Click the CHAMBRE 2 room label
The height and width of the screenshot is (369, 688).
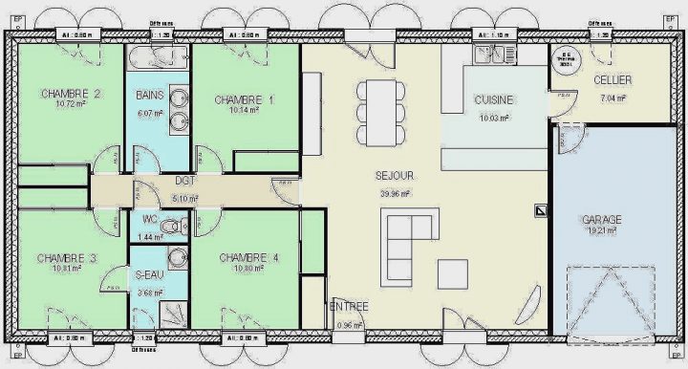tap(72, 94)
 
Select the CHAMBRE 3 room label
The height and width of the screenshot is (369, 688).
tap(67, 258)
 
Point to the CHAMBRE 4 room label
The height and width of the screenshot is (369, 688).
tap(248, 257)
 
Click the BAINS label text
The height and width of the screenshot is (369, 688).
tap(149, 96)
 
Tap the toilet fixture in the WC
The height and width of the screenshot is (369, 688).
tap(172, 228)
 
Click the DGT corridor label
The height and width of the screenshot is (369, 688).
tap(185, 180)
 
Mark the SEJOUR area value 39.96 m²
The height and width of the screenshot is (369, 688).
tap(395, 193)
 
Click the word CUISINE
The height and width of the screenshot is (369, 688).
tap(494, 99)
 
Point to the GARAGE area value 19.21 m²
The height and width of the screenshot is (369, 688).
tap(602, 230)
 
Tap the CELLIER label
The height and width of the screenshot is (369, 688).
tap(612, 79)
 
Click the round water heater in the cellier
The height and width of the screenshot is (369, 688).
tap(566, 59)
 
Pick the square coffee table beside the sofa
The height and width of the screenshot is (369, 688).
tap(452, 273)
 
